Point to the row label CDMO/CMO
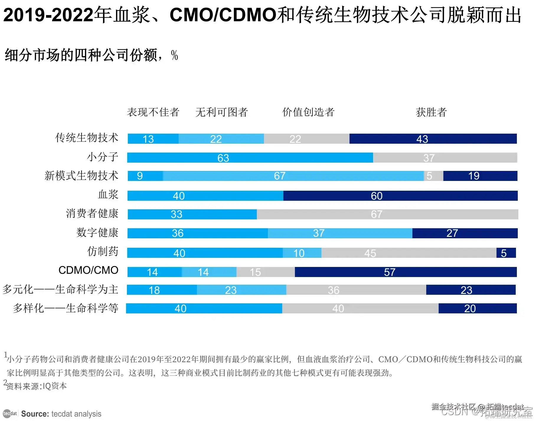(x=88, y=270)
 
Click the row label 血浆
(x=108, y=195)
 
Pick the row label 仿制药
(x=103, y=252)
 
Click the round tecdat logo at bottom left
(x=10, y=414)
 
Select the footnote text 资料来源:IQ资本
(x=37, y=386)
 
